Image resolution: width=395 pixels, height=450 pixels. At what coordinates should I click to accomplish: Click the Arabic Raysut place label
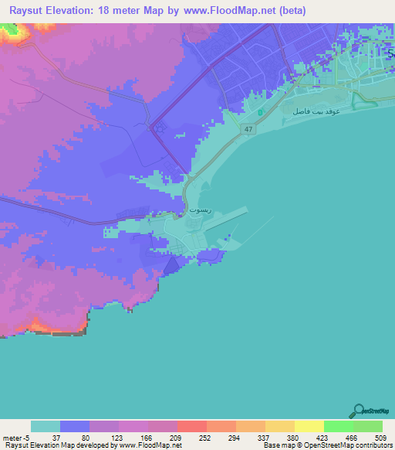197,210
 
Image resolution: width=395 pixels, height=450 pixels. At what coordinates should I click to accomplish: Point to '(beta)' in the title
292,11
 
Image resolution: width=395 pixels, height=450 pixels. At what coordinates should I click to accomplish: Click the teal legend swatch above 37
46,426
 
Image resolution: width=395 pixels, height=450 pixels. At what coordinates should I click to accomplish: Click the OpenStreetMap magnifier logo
358,410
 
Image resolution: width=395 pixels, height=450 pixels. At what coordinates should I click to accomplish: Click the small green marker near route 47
261,113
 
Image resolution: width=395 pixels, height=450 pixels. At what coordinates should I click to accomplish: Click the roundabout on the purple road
160,128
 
